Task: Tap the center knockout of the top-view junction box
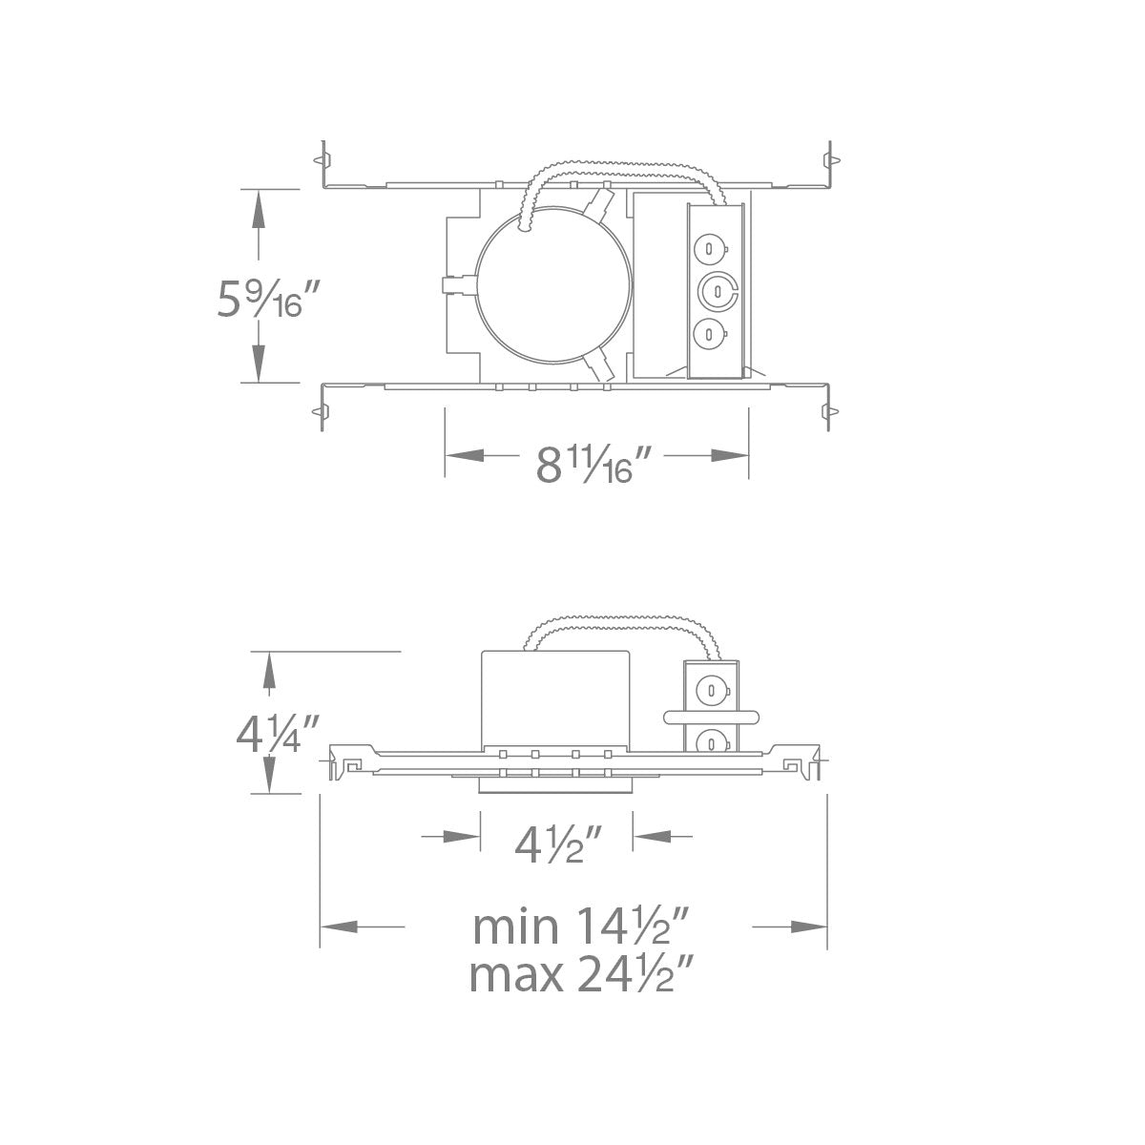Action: pyautogui.click(x=716, y=289)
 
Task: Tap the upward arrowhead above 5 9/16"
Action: pyautogui.click(x=258, y=210)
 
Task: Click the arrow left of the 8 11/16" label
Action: pyautogui.click(x=468, y=457)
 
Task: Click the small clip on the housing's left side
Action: pyautogui.click(x=458, y=285)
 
